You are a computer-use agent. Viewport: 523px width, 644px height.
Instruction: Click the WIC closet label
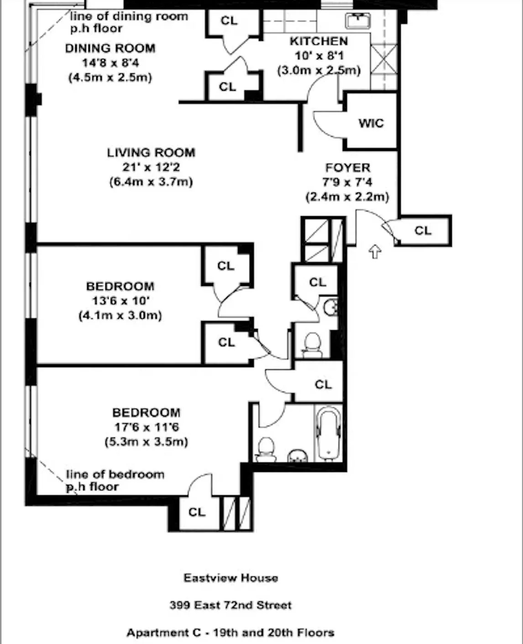coord(371,123)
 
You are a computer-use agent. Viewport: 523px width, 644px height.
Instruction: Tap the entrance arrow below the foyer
coord(375,251)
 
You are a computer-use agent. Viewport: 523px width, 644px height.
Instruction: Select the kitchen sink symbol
coord(357,20)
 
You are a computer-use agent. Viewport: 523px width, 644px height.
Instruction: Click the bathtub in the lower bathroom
coord(328,433)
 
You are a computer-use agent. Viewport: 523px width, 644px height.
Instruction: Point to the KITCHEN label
coord(319,41)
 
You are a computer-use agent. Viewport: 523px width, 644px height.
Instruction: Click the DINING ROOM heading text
coord(110,48)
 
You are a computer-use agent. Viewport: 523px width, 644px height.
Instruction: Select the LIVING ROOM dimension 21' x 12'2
coord(151,167)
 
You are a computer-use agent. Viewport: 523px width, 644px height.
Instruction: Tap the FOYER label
coord(347,167)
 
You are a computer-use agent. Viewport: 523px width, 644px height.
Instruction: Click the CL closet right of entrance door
coord(423,230)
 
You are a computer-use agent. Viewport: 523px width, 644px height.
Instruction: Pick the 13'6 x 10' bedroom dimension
coord(120,301)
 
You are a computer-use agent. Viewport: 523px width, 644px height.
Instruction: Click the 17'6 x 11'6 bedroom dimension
coord(146,427)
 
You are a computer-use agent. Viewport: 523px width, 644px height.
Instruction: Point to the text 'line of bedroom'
coord(115,474)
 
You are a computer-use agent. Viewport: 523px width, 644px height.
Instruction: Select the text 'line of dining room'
coord(129,16)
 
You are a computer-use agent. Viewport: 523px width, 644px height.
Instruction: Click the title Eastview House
coord(230,578)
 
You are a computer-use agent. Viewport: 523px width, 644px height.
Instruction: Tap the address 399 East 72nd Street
coord(230,605)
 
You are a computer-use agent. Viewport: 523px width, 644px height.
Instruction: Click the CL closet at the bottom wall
coord(197,512)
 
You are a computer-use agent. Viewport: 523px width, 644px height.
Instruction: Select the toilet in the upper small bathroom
coord(312,344)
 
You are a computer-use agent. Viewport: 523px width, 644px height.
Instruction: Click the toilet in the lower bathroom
coord(266,448)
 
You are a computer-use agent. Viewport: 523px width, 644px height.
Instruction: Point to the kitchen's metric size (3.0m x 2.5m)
coord(319,71)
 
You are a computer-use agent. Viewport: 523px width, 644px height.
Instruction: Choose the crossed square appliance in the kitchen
coord(383,59)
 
